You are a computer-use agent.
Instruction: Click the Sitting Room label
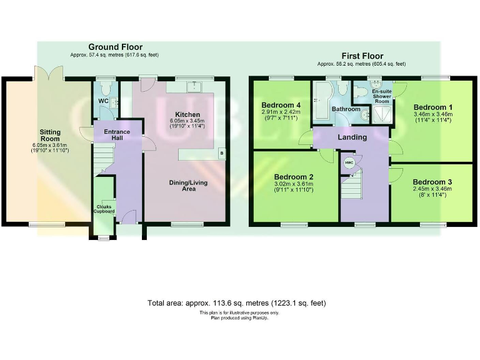coord(50,136)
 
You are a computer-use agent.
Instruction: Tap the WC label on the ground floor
coord(103,101)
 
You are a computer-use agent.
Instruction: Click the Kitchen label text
coord(187,114)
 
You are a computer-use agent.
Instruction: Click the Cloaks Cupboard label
coord(104,209)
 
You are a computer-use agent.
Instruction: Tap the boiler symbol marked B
coord(220,152)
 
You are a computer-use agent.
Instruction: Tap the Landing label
coord(352,137)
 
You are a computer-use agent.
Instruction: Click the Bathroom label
coord(346,109)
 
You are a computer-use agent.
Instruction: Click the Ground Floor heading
coord(115,47)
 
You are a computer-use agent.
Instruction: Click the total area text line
coord(236,303)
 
